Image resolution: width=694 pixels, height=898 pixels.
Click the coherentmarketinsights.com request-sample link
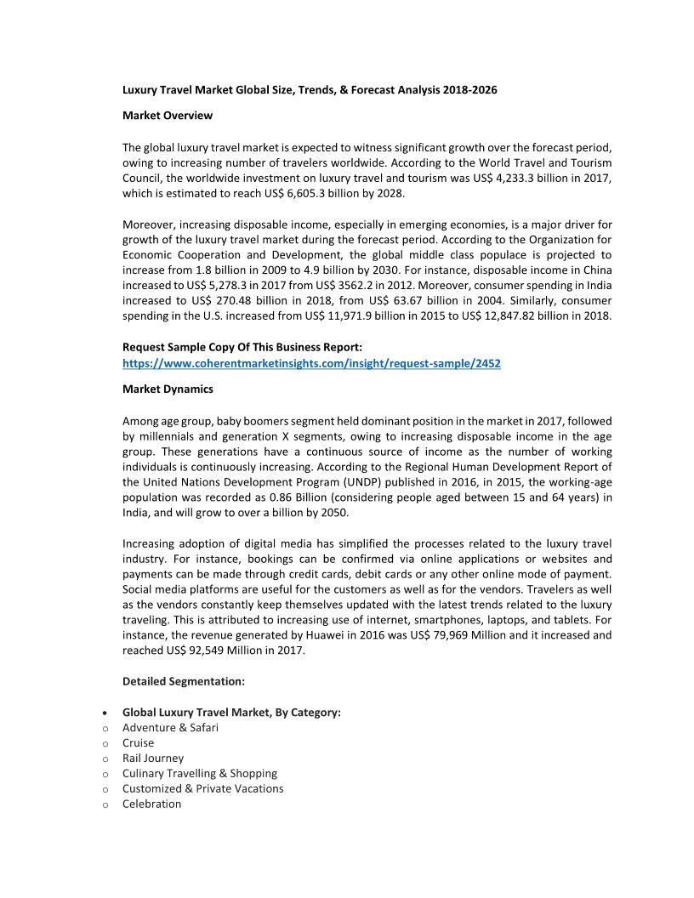(311, 363)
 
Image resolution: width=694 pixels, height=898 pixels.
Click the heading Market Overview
(168, 115)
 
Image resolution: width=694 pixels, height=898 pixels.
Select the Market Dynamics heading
(168, 389)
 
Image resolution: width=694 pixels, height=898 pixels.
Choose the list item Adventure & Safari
(170, 727)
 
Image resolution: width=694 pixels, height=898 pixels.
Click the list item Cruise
(139, 742)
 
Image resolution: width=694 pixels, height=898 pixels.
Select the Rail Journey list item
(153, 758)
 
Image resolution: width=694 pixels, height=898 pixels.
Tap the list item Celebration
(152, 804)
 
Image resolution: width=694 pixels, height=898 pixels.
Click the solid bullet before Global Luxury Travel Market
(104, 713)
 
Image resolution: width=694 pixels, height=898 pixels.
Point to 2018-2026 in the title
(469, 89)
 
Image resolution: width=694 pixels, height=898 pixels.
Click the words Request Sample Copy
(187, 347)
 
